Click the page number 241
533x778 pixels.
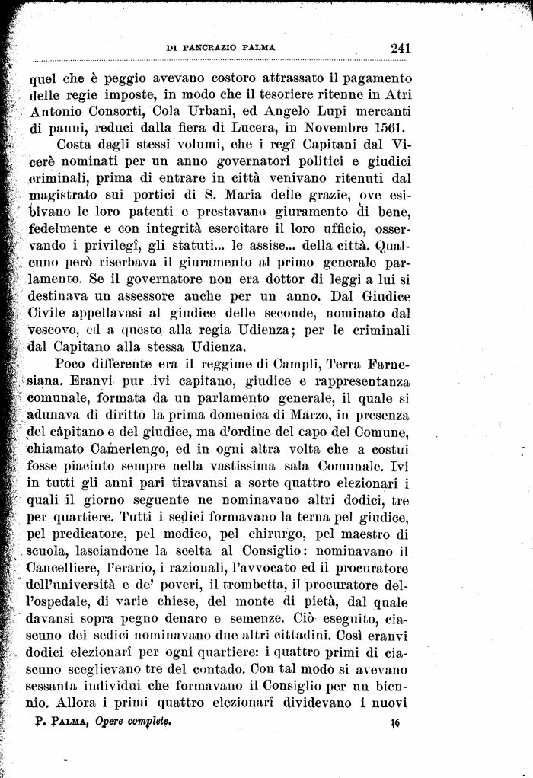point(400,47)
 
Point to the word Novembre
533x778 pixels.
point(332,127)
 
